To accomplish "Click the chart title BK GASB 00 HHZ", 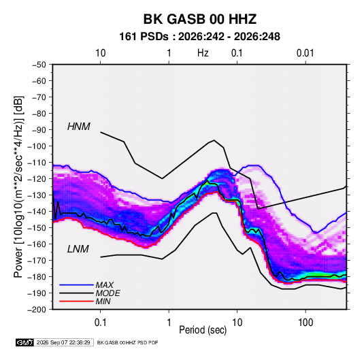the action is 200,19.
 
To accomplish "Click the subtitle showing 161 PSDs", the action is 199,37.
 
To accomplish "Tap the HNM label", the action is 79,127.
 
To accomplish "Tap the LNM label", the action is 78,249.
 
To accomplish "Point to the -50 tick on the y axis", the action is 39,65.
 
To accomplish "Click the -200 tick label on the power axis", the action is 37,310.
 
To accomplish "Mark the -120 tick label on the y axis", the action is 37,179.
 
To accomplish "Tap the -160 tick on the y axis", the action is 37,244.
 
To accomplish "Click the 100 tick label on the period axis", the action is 305,323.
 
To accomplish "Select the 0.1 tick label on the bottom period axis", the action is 100,323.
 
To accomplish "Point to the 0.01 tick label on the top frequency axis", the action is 305,53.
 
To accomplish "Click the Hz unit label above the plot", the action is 203,53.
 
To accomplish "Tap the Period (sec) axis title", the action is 203,330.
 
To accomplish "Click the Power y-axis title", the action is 18,187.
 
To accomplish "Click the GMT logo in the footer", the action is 24,342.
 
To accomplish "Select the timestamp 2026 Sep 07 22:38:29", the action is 63,342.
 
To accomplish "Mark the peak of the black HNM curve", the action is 214,140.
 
